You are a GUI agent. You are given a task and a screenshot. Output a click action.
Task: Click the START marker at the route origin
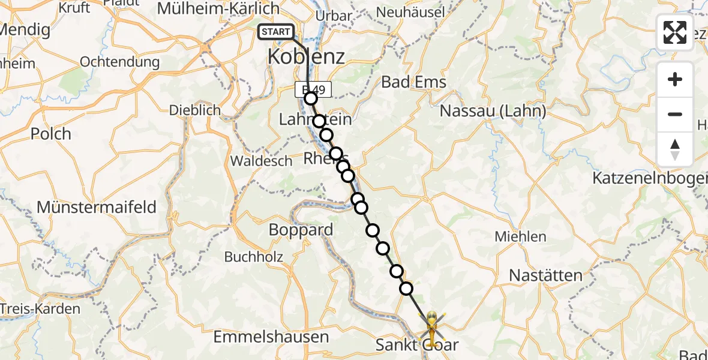coord(276,32)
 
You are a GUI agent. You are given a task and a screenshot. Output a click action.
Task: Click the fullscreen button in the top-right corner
coord(675,32)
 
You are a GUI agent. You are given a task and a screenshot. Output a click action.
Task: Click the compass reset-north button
coord(675,149)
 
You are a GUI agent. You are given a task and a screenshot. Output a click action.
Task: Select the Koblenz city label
coord(306,57)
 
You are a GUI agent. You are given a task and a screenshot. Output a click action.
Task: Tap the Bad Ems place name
coord(414,82)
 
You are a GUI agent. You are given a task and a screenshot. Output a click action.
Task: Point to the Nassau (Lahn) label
coord(493,111)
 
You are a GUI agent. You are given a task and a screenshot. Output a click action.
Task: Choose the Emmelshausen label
coord(271,337)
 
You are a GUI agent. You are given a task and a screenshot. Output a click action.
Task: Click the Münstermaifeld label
coord(97,207)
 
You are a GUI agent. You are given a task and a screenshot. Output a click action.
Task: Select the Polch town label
coord(51,133)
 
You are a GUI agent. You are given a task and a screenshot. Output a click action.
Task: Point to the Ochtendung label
coord(119,62)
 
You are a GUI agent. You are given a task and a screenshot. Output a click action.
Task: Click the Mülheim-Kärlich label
coord(218,8)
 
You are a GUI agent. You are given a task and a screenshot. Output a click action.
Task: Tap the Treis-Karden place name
coord(40,309)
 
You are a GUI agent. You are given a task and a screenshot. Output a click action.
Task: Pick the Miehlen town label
coord(520,236)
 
